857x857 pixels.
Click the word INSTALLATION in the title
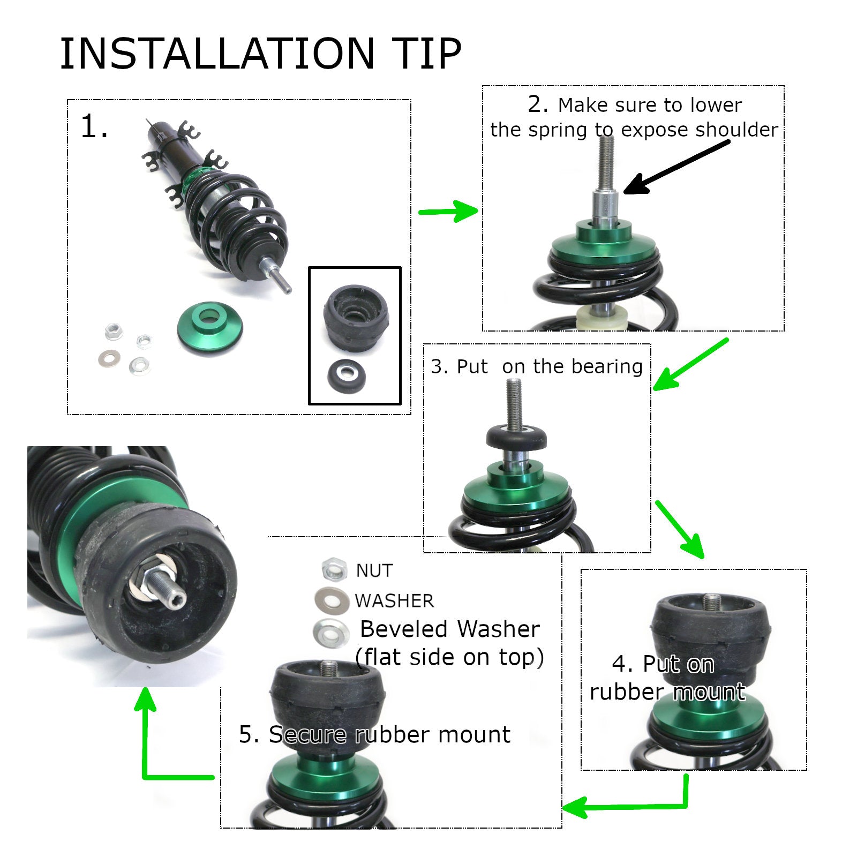tap(217, 54)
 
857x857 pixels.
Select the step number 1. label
tap(95, 127)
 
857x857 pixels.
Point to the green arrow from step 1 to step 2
tap(448, 211)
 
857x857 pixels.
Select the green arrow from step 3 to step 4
tap(679, 529)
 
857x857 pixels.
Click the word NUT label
tap(374, 571)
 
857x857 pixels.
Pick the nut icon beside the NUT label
tap(335, 569)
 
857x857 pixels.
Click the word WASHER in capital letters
tap(394, 601)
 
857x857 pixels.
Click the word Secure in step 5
tap(307, 734)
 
